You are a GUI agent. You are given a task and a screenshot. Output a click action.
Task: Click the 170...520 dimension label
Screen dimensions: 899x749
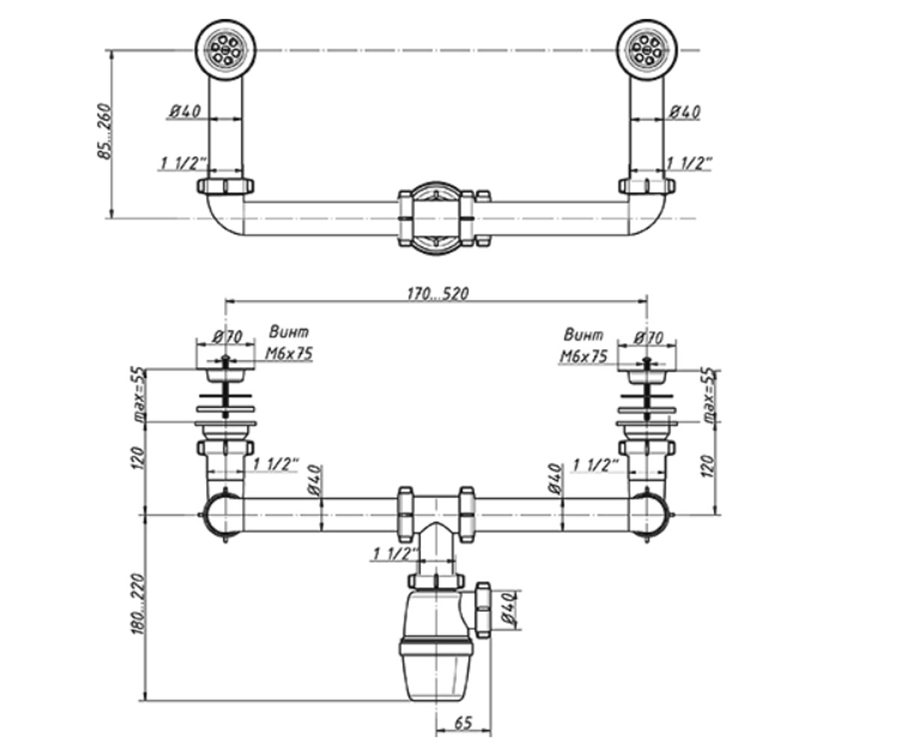click(x=438, y=294)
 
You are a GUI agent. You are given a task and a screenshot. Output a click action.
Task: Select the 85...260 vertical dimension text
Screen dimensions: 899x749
click(x=104, y=131)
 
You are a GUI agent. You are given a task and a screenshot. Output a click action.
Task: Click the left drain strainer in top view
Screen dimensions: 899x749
click(x=225, y=50)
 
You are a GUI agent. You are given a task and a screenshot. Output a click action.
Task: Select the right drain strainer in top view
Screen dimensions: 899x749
click(x=647, y=50)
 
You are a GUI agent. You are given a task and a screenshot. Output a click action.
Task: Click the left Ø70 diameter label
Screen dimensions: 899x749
click(x=227, y=336)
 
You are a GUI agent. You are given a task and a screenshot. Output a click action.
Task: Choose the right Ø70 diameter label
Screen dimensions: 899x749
click(x=649, y=338)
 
